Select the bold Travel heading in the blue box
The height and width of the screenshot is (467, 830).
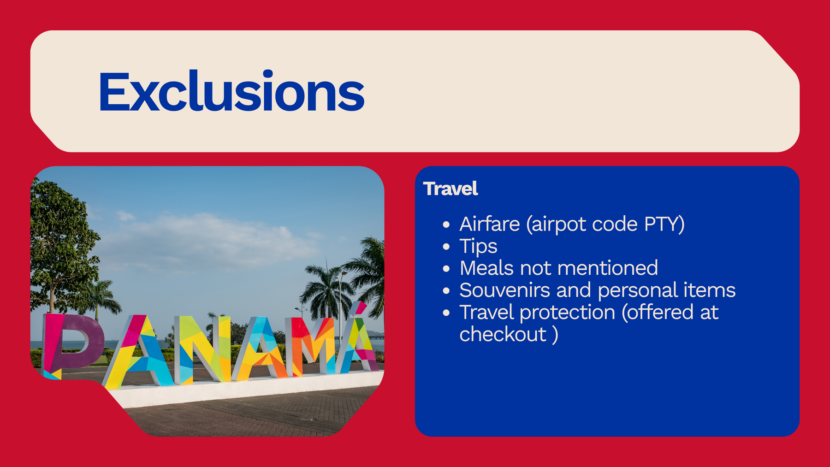[x=451, y=189]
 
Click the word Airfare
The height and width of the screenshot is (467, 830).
[x=490, y=224]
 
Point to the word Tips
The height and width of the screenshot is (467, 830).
[x=478, y=247]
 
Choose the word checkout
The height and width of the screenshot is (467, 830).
[x=503, y=334]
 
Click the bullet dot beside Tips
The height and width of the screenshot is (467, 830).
[x=446, y=247]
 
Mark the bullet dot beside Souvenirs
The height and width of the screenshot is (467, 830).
[x=446, y=291]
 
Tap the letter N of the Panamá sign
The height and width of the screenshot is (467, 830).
[x=203, y=349]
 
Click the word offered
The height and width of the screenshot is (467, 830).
[x=658, y=313]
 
